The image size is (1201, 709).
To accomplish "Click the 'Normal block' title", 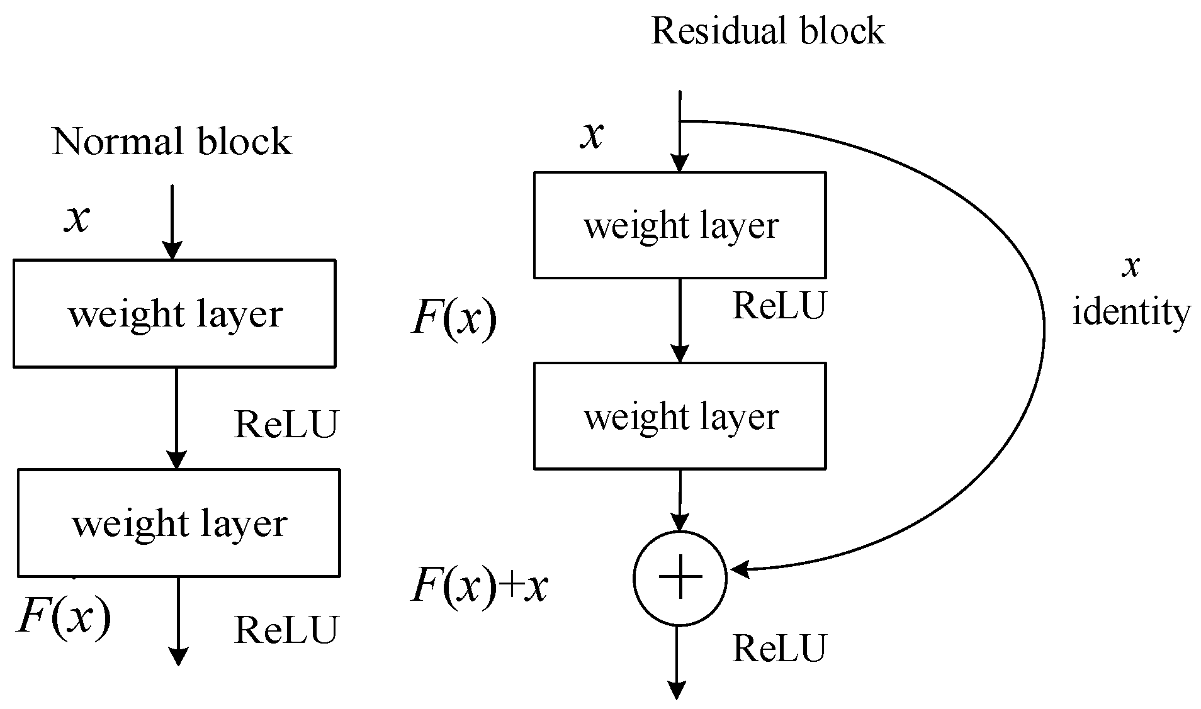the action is click(x=172, y=141).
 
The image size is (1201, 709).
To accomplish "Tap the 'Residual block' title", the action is click(x=768, y=31).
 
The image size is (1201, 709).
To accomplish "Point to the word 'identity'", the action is click(x=1131, y=313).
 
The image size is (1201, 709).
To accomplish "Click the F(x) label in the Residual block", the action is click(x=454, y=319).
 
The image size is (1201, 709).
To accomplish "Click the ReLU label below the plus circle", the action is click(x=779, y=648).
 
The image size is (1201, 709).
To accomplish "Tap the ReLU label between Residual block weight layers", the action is click(x=779, y=306).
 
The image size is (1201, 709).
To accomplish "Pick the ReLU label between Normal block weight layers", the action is click(x=286, y=424).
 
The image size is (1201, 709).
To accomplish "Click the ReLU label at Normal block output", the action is click(x=286, y=630).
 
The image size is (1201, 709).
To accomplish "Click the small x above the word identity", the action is click(x=1131, y=267).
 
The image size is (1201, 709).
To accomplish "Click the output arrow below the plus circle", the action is click(x=677, y=662).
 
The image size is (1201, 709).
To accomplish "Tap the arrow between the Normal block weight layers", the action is click(x=176, y=418).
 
